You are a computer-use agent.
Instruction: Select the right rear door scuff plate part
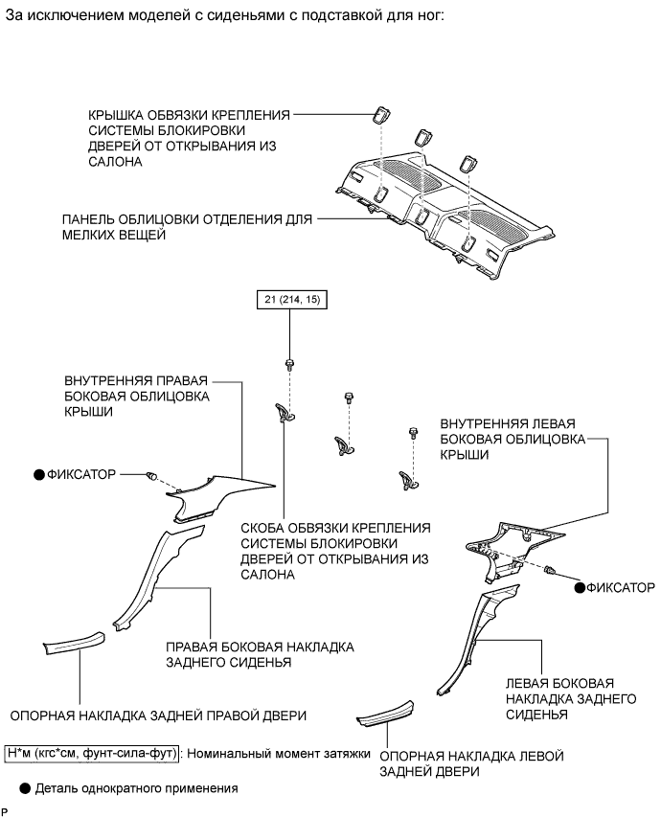pyautogui.click(x=73, y=645)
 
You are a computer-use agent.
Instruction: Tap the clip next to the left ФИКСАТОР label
pyautogui.click(x=151, y=476)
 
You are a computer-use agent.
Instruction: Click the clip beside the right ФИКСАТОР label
pyautogui.click(x=554, y=572)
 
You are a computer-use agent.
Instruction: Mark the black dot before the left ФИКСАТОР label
pyautogui.click(x=39, y=474)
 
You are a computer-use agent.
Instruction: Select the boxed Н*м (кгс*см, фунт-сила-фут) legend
pyautogui.click(x=92, y=753)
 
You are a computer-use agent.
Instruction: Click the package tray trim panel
pyautogui.click(x=441, y=206)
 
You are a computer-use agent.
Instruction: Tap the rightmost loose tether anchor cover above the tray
pyautogui.click(x=470, y=160)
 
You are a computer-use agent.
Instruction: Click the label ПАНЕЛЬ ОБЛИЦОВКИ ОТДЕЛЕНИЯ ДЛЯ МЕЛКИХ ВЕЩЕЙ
pyautogui.click(x=187, y=226)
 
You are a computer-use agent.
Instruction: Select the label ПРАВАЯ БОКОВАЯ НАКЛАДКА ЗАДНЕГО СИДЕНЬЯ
pyautogui.click(x=259, y=655)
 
